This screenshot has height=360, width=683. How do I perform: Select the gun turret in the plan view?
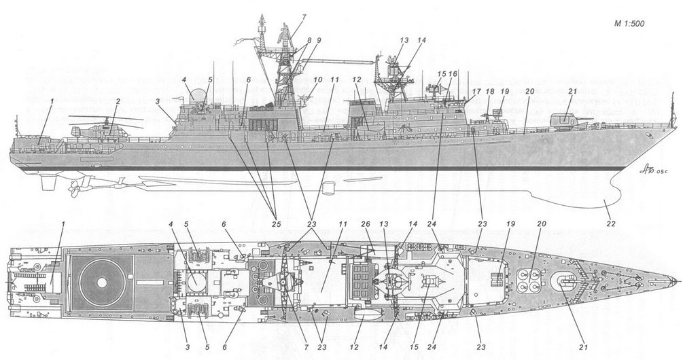pos(566,280)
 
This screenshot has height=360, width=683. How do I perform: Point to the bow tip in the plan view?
pos(674,282)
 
